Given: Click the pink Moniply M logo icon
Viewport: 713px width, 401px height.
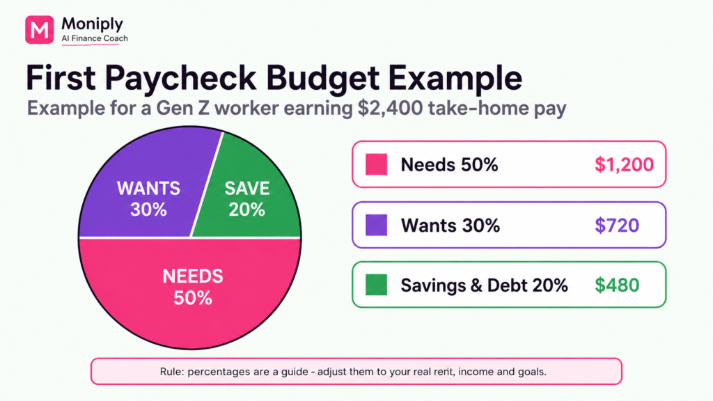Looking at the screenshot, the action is click(x=40, y=29).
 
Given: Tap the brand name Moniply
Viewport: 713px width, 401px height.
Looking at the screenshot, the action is click(x=93, y=24).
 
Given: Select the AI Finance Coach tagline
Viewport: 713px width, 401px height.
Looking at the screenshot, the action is click(x=95, y=39).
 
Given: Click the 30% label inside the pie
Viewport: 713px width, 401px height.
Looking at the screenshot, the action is click(x=148, y=210).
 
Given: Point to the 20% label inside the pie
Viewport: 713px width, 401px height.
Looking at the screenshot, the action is click(x=246, y=210).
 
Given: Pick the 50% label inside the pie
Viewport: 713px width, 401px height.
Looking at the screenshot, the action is click(x=193, y=298).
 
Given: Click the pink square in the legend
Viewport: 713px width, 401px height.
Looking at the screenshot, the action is click(x=377, y=164).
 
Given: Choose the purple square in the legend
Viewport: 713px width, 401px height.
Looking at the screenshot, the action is click(x=377, y=225).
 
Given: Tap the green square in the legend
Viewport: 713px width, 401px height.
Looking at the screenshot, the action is click(x=377, y=285).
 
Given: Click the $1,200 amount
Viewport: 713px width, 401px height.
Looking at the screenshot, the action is click(x=625, y=164).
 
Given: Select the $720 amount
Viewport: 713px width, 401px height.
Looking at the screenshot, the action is click(x=617, y=225).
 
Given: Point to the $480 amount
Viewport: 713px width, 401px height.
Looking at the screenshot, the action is click(x=617, y=285).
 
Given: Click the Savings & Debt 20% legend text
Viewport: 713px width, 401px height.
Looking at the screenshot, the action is click(x=485, y=285).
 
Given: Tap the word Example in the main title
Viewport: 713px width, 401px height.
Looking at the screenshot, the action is click(x=455, y=78).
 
